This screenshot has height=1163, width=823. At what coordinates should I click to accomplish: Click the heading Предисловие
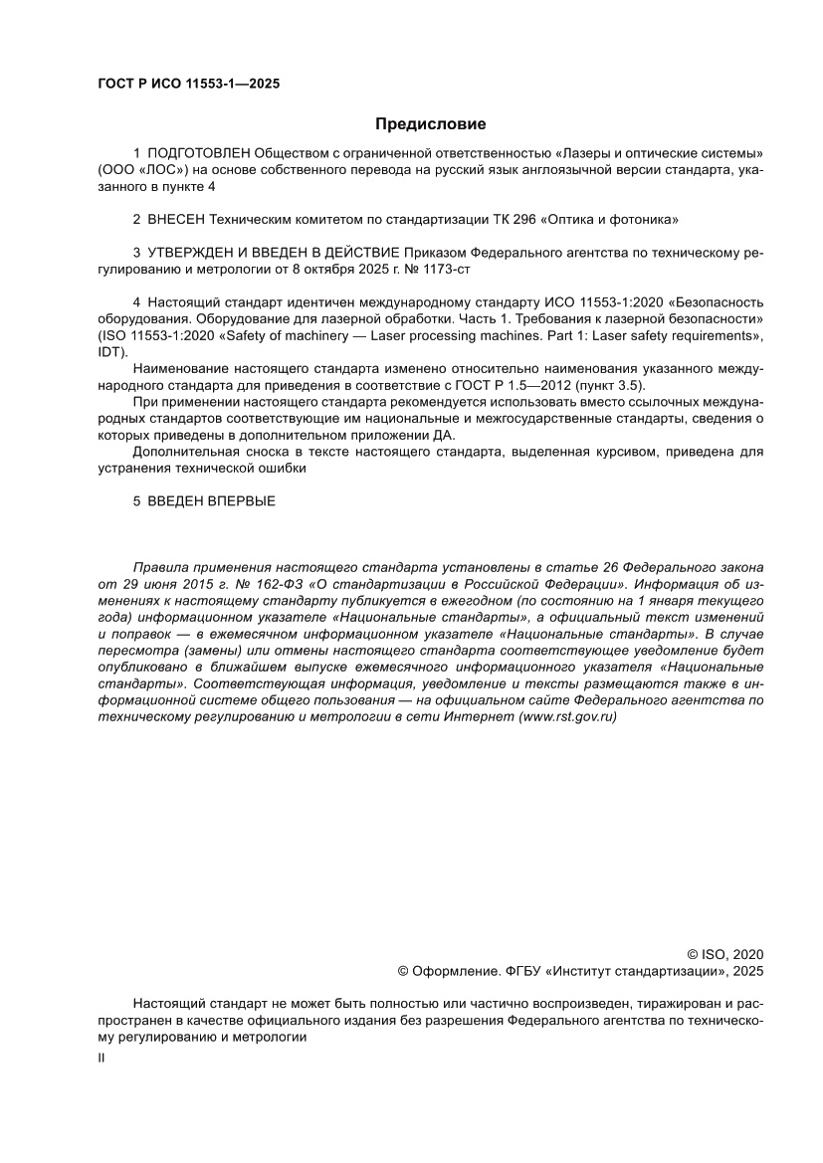click(430, 124)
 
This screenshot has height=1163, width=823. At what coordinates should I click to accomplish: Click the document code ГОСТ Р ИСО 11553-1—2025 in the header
click(188, 84)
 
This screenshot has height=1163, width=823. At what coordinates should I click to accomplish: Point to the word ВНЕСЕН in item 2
click(177, 218)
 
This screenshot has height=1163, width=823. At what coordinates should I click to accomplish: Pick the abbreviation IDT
click(109, 352)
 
